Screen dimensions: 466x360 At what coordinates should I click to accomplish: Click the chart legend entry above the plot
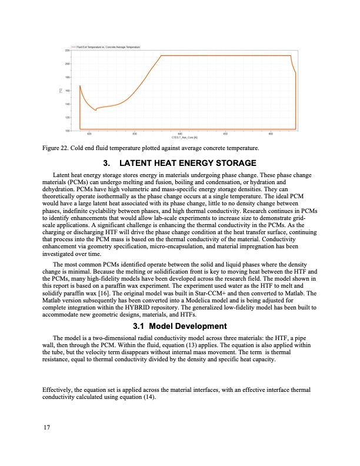(x=107, y=46)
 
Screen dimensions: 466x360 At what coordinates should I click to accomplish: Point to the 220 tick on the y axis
(x=67, y=51)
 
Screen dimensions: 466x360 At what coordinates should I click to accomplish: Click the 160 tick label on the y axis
(x=67, y=91)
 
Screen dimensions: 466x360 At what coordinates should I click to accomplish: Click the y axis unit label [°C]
(x=61, y=90)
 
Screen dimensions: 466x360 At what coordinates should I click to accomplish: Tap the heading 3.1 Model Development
(x=180, y=326)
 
